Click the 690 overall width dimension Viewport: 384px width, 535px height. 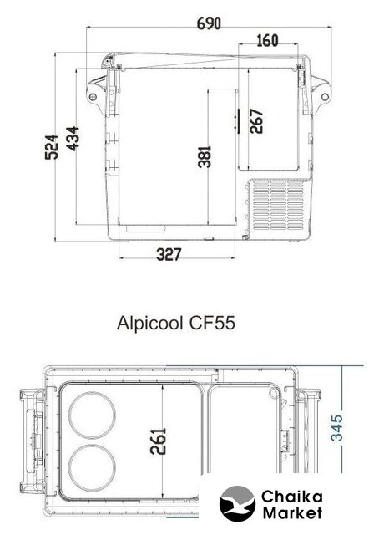click(209, 23)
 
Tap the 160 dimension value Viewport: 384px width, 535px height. click(267, 41)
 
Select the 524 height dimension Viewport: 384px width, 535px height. click(52, 147)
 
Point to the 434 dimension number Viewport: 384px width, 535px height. click(73, 139)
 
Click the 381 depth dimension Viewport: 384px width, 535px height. click(205, 156)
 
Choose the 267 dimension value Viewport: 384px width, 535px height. click(256, 121)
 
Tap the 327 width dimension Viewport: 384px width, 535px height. click(169, 254)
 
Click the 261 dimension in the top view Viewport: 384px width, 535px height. click(158, 441)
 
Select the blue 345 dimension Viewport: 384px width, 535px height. click(336, 428)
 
